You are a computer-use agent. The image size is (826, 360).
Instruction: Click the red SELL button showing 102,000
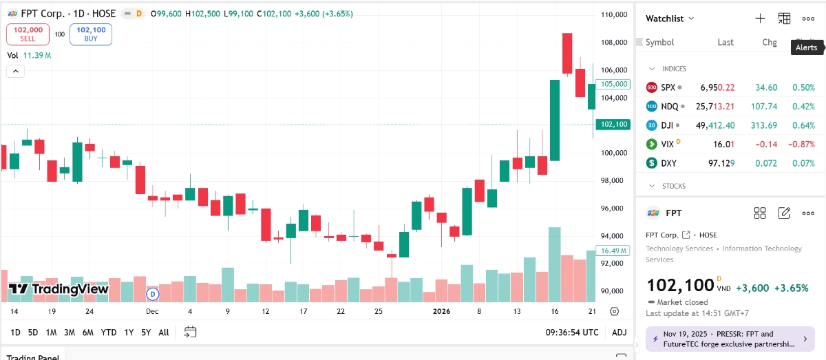tap(28, 34)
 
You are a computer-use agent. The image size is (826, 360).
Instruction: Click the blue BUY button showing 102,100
tap(91, 34)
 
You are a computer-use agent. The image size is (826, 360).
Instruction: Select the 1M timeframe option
tap(51, 332)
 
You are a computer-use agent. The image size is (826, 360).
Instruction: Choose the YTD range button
tap(109, 332)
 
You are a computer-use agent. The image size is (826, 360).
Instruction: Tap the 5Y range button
tap(146, 332)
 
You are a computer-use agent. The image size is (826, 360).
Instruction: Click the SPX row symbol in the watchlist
tap(668, 87)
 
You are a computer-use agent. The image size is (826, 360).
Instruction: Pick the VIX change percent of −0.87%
tap(802, 144)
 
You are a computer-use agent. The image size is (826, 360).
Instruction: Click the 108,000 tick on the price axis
tap(613, 43)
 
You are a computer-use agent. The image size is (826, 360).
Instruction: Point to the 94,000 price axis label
tap(613, 235)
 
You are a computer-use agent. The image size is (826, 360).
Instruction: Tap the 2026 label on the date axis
tap(441, 311)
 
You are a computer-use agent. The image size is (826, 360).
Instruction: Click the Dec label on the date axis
tap(152, 311)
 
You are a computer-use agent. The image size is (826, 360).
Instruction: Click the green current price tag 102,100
tap(612, 125)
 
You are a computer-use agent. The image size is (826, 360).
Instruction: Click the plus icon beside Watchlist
tap(760, 19)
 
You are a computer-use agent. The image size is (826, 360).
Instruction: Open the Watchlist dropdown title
tap(670, 19)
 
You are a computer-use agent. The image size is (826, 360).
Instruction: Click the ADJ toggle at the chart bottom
tap(619, 332)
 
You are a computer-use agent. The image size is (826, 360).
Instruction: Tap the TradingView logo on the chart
tap(59, 289)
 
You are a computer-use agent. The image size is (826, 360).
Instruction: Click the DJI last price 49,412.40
tap(716, 125)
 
